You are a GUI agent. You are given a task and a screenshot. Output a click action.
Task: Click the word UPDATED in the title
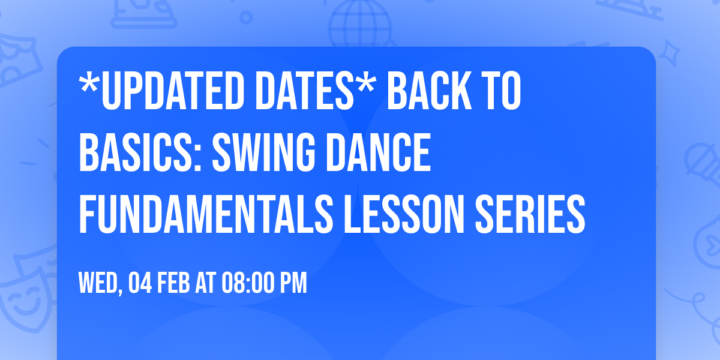pos(174,91)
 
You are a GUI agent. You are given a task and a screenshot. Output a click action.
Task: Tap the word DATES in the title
pos(304,91)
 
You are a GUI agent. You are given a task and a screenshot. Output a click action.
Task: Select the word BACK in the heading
pos(429,91)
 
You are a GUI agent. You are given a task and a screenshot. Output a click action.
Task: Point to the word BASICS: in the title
pos(140,152)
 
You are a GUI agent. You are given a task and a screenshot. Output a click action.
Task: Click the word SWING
pos(263,152)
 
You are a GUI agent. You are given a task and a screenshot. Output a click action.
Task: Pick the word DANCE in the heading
pos(378,152)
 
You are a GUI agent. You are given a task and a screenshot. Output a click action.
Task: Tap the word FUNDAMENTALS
pos(206,214)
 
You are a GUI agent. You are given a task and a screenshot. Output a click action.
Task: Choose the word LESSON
pos(404,214)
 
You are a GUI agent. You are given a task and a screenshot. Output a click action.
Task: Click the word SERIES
pos(530,214)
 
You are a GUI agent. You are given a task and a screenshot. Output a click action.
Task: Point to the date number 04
pos(140,283)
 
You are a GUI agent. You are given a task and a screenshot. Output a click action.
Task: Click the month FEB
pos(173,283)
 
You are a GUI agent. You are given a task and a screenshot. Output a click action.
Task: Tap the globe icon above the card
pos(361,24)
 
